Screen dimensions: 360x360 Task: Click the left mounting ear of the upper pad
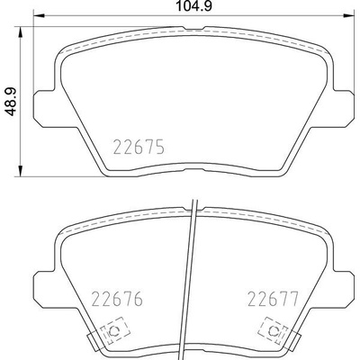(42, 106)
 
